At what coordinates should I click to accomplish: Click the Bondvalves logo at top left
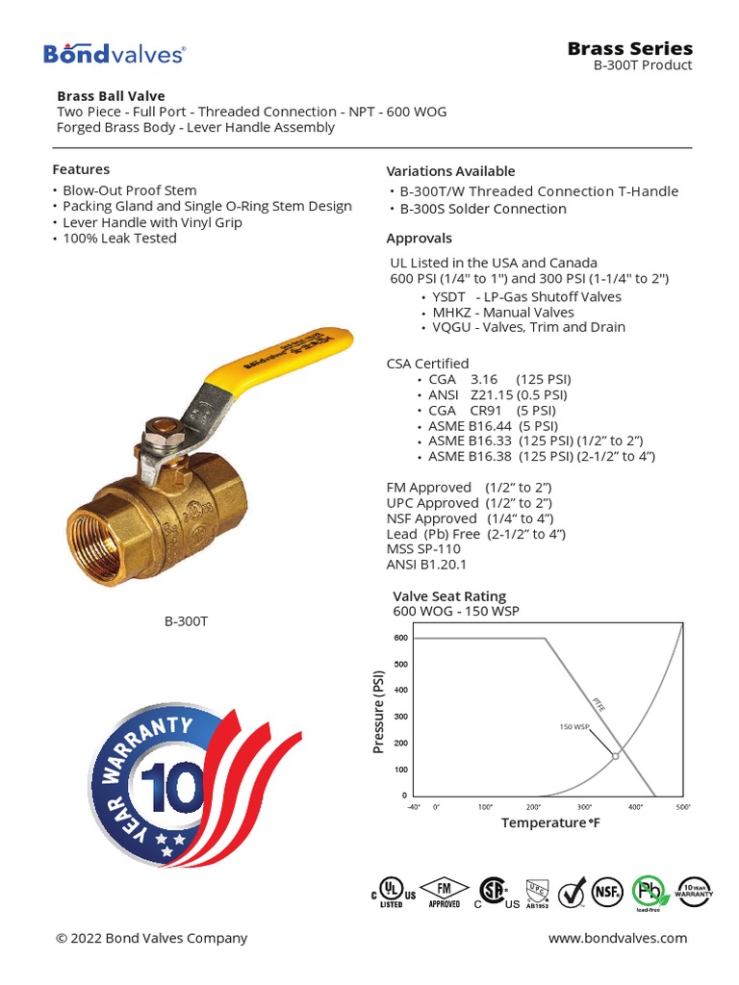point(114,54)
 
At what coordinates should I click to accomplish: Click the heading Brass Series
point(629,48)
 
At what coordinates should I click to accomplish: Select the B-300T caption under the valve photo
point(186,621)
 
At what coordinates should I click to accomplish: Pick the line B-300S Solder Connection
point(483,209)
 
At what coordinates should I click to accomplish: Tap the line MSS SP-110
point(423,548)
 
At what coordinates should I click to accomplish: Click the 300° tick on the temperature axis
point(584,807)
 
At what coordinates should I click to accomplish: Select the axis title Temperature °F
point(550,823)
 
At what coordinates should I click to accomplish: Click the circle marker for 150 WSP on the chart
point(616,756)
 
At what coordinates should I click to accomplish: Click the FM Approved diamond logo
point(444,892)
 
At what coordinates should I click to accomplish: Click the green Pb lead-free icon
point(649,891)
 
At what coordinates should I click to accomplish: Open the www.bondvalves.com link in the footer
point(618,938)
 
